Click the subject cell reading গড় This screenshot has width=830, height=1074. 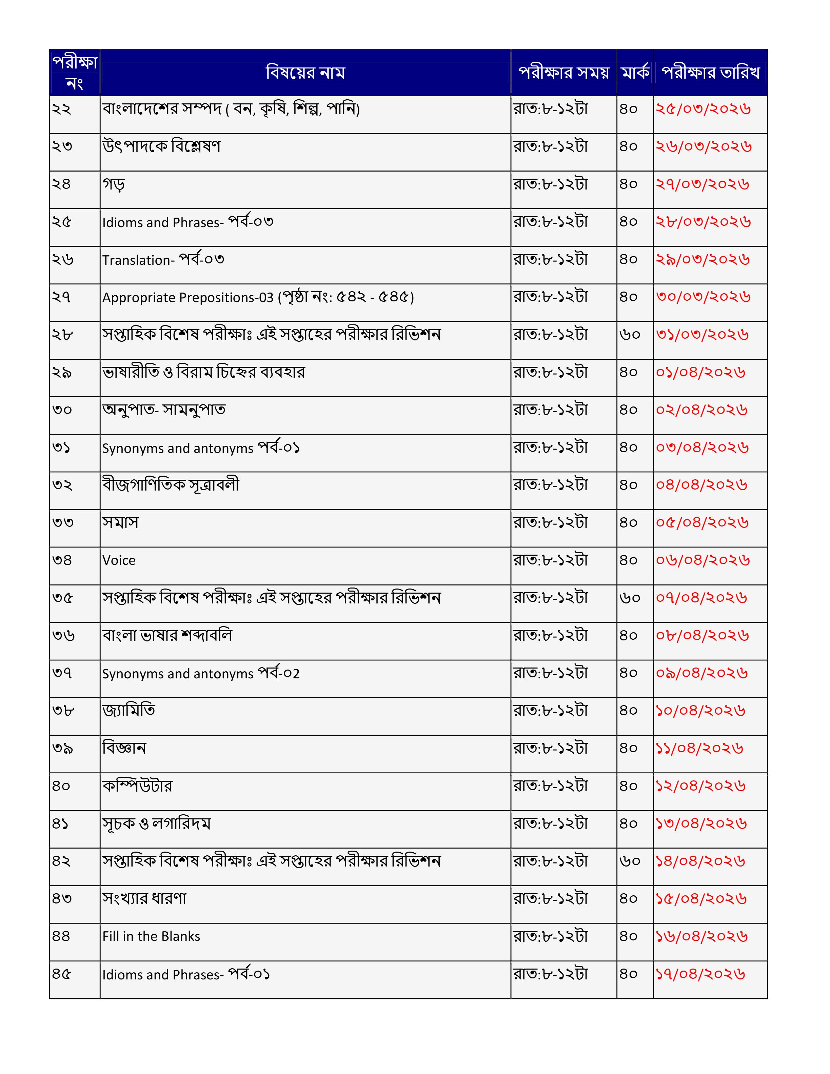click(x=114, y=184)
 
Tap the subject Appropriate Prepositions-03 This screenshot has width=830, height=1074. click(x=188, y=298)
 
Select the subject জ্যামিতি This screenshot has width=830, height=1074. click(x=129, y=711)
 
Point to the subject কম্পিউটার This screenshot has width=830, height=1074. click(x=137, y=786)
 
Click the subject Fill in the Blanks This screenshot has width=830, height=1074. click(x=151, y=936)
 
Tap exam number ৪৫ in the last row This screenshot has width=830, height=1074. click(x=62, y=974)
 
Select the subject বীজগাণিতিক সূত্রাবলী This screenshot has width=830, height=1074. click(x=171, y=485)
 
